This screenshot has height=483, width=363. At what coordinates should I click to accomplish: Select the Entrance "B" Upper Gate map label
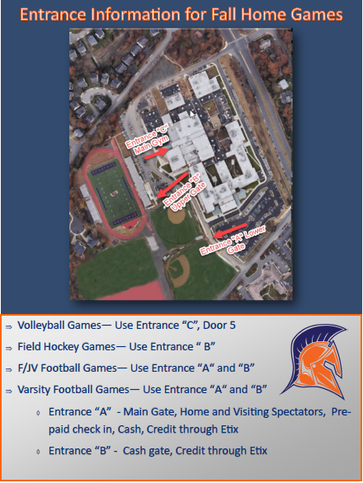pos(183,191)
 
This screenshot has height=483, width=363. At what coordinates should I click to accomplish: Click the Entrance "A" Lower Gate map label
pos(230,238)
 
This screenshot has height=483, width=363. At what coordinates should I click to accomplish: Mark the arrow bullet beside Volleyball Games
pos(8,326)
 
